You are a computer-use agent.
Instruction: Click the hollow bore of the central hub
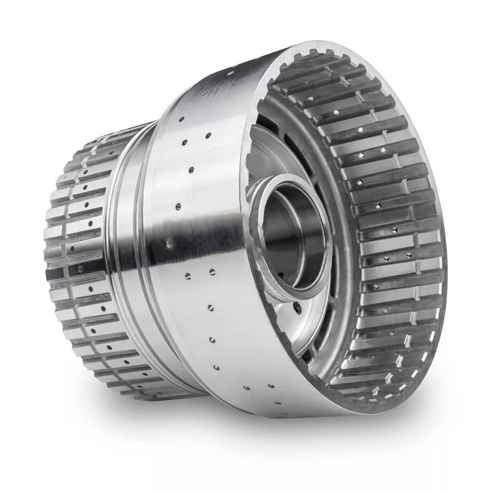pos(292,233)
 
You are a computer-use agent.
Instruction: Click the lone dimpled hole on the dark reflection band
pos(168,240)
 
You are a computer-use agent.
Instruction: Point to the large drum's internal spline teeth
pos(388,233)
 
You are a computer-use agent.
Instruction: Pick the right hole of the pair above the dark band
pos(208,136)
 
